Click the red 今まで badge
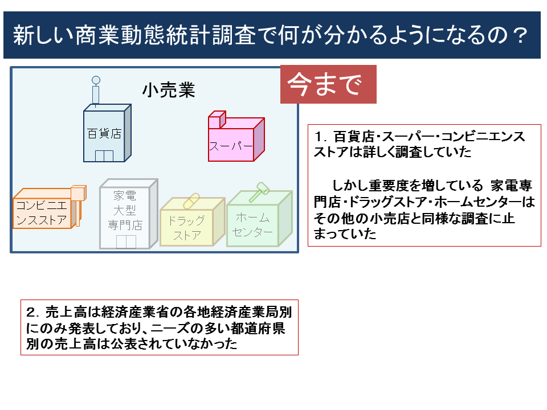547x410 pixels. [328, 84]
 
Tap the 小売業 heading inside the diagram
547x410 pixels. [169, 89]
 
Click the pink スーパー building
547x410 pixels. [234, 142]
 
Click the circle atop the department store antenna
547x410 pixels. [96, 80]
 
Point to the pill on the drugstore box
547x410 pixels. [191, 200]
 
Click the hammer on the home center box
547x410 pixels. [260, 190]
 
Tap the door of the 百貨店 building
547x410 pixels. [104, 155]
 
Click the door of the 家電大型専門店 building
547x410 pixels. [126, 241]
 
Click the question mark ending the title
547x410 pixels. [517, 36]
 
